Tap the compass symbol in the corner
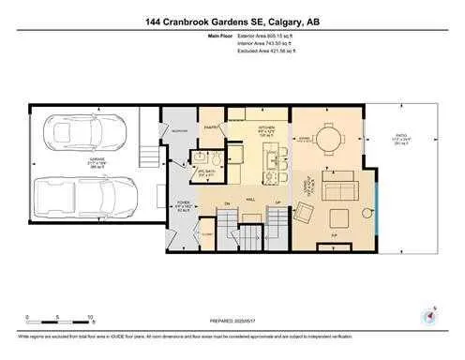click(430, 316)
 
